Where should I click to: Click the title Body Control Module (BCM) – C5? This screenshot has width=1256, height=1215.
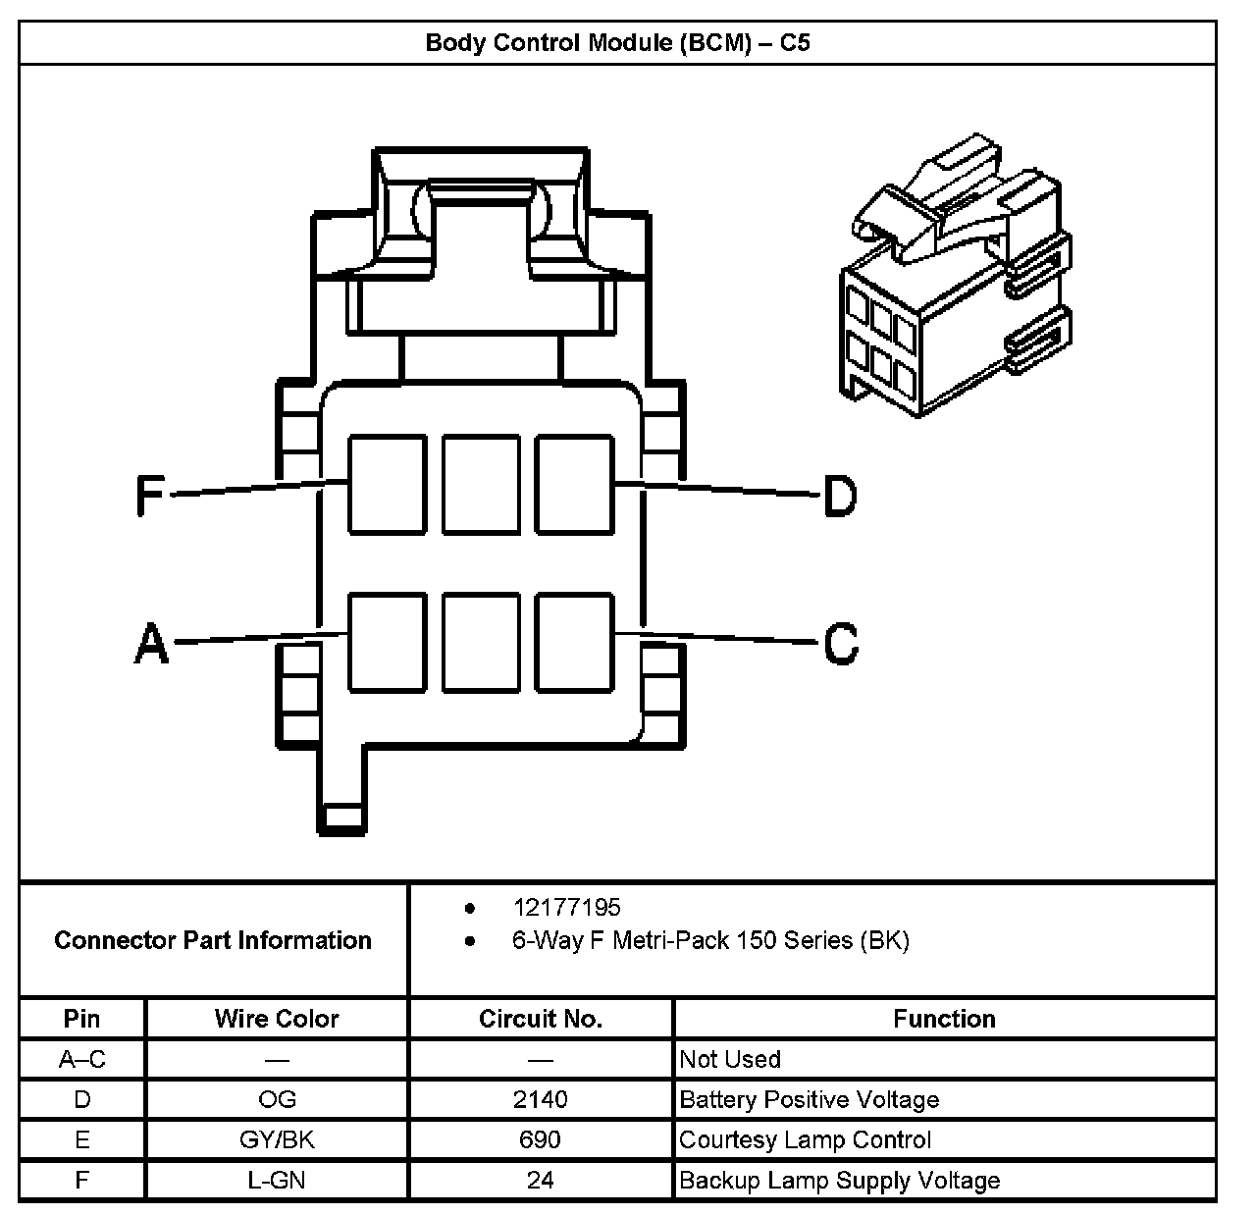pos(617,43)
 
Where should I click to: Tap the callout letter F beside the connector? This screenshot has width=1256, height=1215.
pos(149,496)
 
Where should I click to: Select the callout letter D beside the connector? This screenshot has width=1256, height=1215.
pos(840,496)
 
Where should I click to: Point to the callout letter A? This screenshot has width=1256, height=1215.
pos(151,645)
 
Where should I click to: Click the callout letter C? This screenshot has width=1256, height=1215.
pos(841,644)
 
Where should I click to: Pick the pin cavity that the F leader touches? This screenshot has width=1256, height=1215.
pos(388,485)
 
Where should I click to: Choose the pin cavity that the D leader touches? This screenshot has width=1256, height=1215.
pos(574,485)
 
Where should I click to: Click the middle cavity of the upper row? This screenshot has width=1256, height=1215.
pos(481,485)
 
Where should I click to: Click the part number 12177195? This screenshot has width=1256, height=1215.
pos(566,908)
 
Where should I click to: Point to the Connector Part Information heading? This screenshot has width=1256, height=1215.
pos(213,940)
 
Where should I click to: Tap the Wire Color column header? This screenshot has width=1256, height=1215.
pos(277,1019)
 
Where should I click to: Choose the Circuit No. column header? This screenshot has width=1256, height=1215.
pos(541,1019)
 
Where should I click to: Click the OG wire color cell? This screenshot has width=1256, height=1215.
pos(277,1099)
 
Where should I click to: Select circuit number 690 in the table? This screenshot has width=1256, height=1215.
pos(541,1139)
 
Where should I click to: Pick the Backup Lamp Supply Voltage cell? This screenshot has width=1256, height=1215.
pos(839,1180)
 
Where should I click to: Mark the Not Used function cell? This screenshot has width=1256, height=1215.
pos(730,1059)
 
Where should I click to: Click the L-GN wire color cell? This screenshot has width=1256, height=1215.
pos(277,1180)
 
